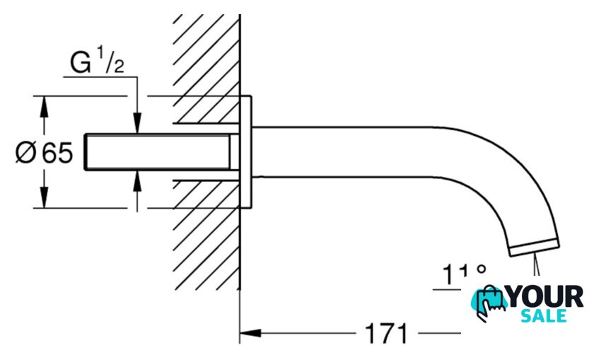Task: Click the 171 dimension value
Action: [386, 333]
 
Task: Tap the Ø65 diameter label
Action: [44, 153]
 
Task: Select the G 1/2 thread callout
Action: [97, 61]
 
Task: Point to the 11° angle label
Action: [464, 274]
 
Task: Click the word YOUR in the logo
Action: [545, 297]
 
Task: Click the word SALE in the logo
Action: [544, 315]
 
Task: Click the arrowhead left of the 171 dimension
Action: [251, 333]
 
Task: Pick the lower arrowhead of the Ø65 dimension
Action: [45, 197]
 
